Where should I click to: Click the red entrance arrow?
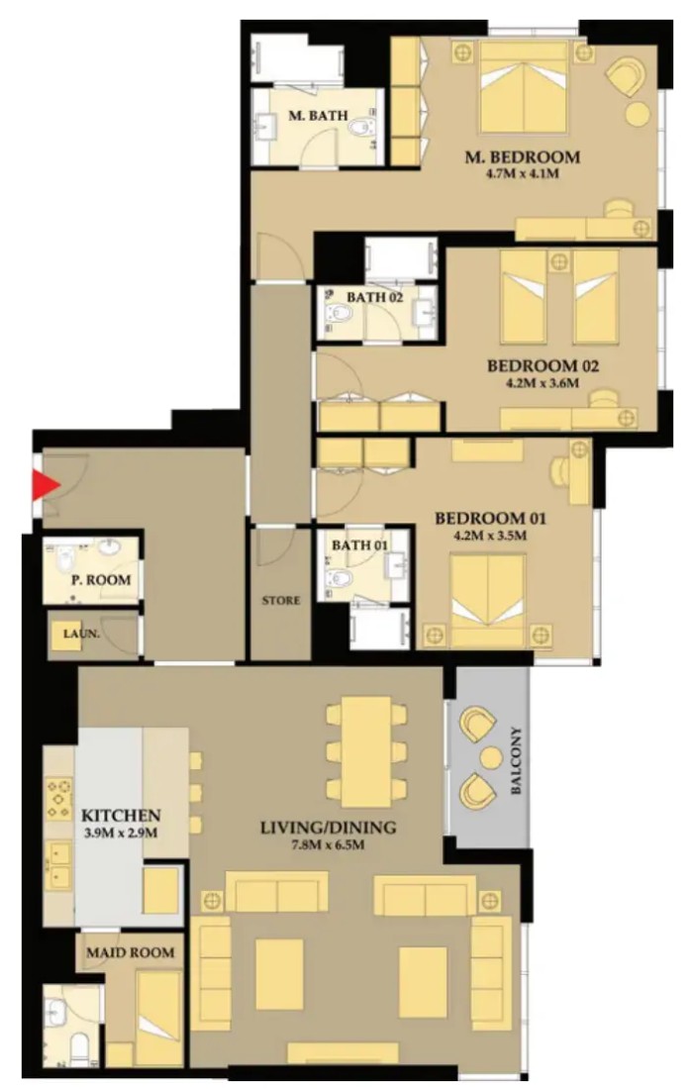[46, 485]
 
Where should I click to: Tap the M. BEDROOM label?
[523, 157]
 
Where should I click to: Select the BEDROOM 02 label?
[543, 366]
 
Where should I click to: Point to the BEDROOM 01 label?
[490, 519]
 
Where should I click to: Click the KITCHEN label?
[121, 816]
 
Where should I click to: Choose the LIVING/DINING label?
[328, 828]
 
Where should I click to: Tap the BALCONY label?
[516, 761]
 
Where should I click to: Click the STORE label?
[281, 600]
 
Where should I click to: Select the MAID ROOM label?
[131, 952]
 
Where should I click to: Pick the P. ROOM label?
[101, 579]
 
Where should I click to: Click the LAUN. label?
[81, 634]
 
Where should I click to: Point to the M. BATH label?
[318, 115]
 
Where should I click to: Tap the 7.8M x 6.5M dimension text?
[328, 845]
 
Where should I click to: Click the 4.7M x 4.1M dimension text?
[523, 173]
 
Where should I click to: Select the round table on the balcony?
[491, 757]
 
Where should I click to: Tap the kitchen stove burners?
[59, 799]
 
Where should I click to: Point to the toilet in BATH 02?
[340, 313]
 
